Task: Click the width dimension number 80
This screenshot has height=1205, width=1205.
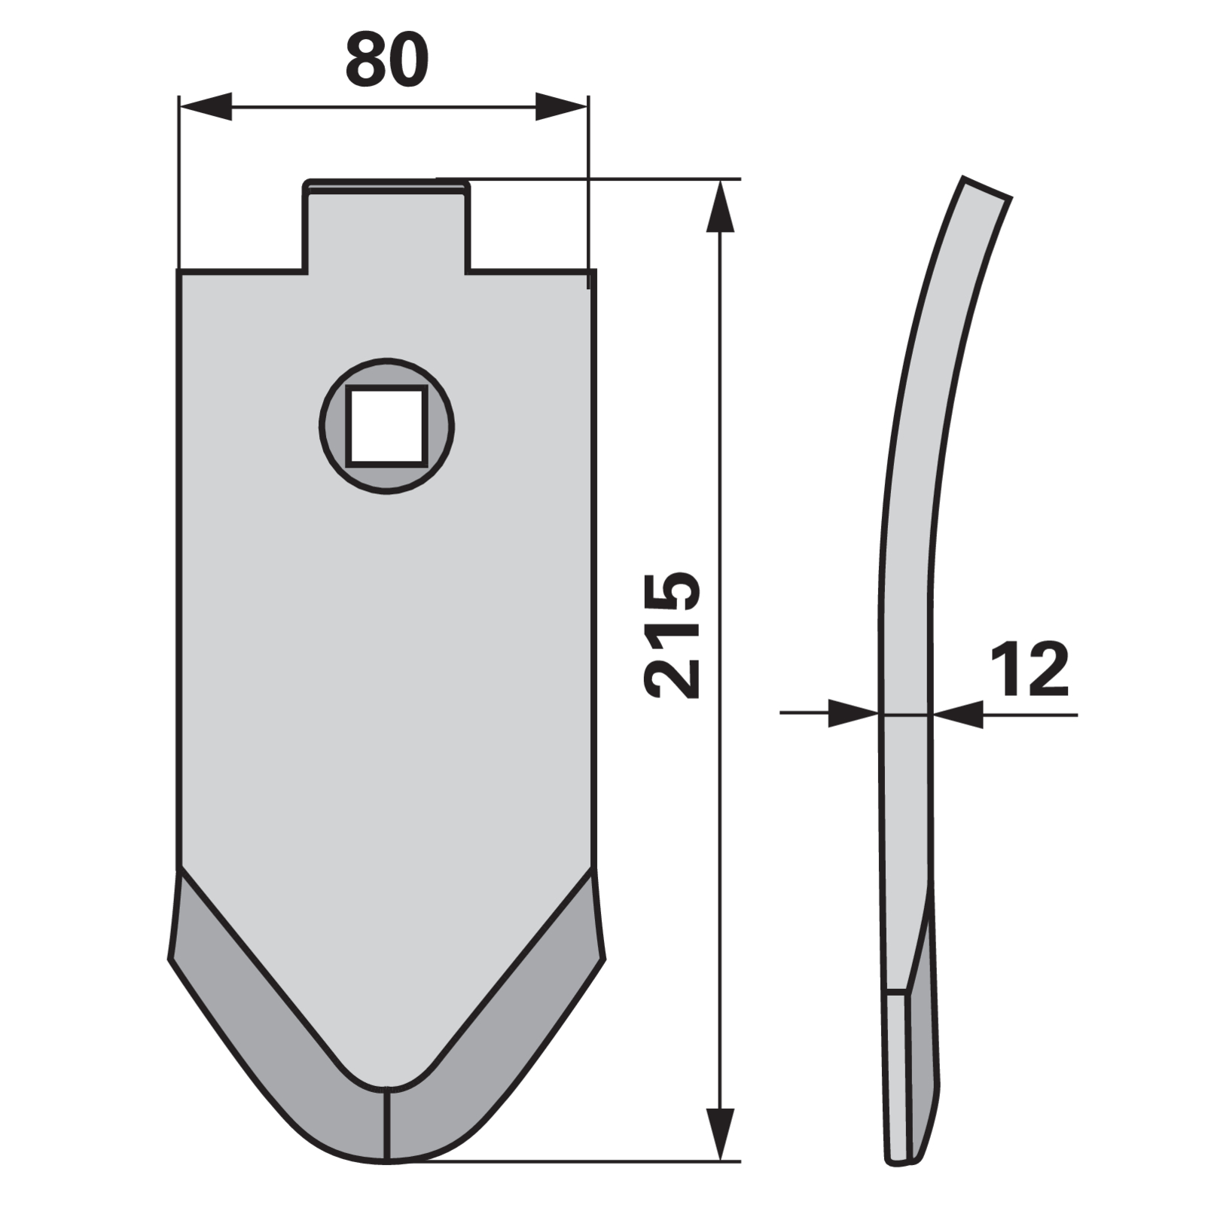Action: click(x=387, y=59)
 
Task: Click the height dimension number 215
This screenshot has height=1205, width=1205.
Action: click(x=673, y=635)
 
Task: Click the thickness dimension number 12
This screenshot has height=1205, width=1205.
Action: click(x=1029, y=670)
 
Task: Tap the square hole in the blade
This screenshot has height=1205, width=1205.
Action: click(x=386, y=426)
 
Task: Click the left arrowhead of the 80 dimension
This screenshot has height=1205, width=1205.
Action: click(x=205, y=106)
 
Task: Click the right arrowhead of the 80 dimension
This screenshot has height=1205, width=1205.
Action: click(x=561, y=106)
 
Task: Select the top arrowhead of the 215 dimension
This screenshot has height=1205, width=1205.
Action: click(x=721, y=206)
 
